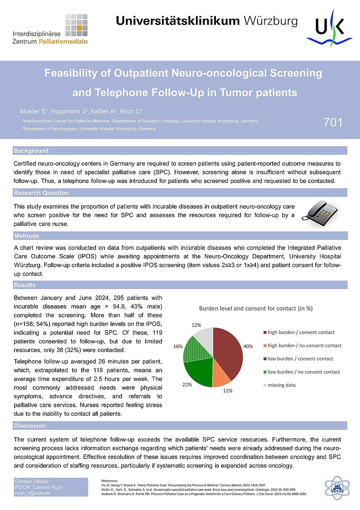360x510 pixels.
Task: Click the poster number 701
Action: [333, 122]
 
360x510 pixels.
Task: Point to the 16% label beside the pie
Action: [178, 346]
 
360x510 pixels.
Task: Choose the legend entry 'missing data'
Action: [282, 385]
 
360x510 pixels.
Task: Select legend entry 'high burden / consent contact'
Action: [301, 332]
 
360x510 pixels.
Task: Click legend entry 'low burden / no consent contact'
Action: [303, 372]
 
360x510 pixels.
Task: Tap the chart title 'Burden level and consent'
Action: [255, 309]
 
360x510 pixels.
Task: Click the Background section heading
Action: [31, 151]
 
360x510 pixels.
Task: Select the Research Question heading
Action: [41, 193]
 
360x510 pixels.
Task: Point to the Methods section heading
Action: [26, 236]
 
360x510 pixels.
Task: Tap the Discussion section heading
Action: [29, 426]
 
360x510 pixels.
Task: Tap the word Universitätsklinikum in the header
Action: [177, 21]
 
